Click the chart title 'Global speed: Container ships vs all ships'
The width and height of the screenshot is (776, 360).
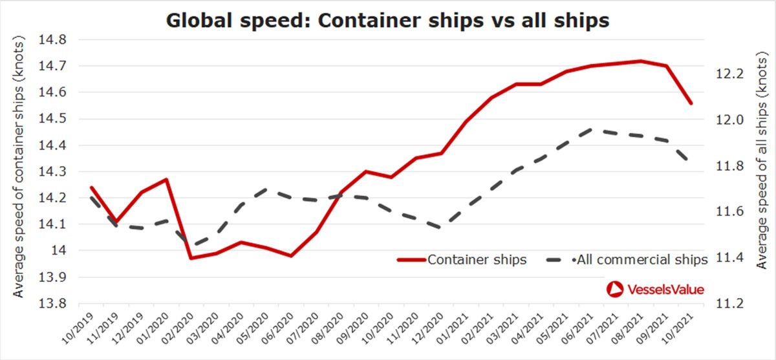point(388,20)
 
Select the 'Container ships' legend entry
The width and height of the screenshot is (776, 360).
point(462,260)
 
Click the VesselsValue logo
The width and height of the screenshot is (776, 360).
point(655,290)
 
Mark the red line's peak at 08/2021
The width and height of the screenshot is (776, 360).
point(640,61)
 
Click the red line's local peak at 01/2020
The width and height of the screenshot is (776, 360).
point(167,179)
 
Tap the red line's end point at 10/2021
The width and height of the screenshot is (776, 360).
point(691,103)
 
